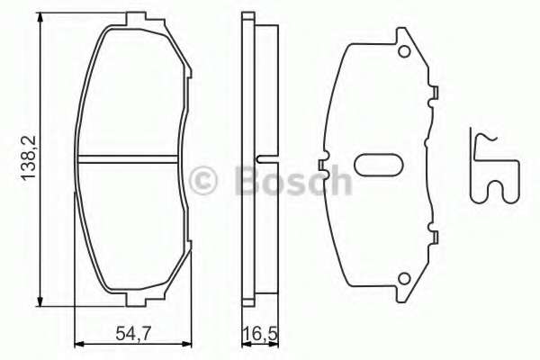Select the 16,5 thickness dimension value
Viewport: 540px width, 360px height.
tap(258, 337)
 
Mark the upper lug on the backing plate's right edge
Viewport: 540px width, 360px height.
tap(436, 91)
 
